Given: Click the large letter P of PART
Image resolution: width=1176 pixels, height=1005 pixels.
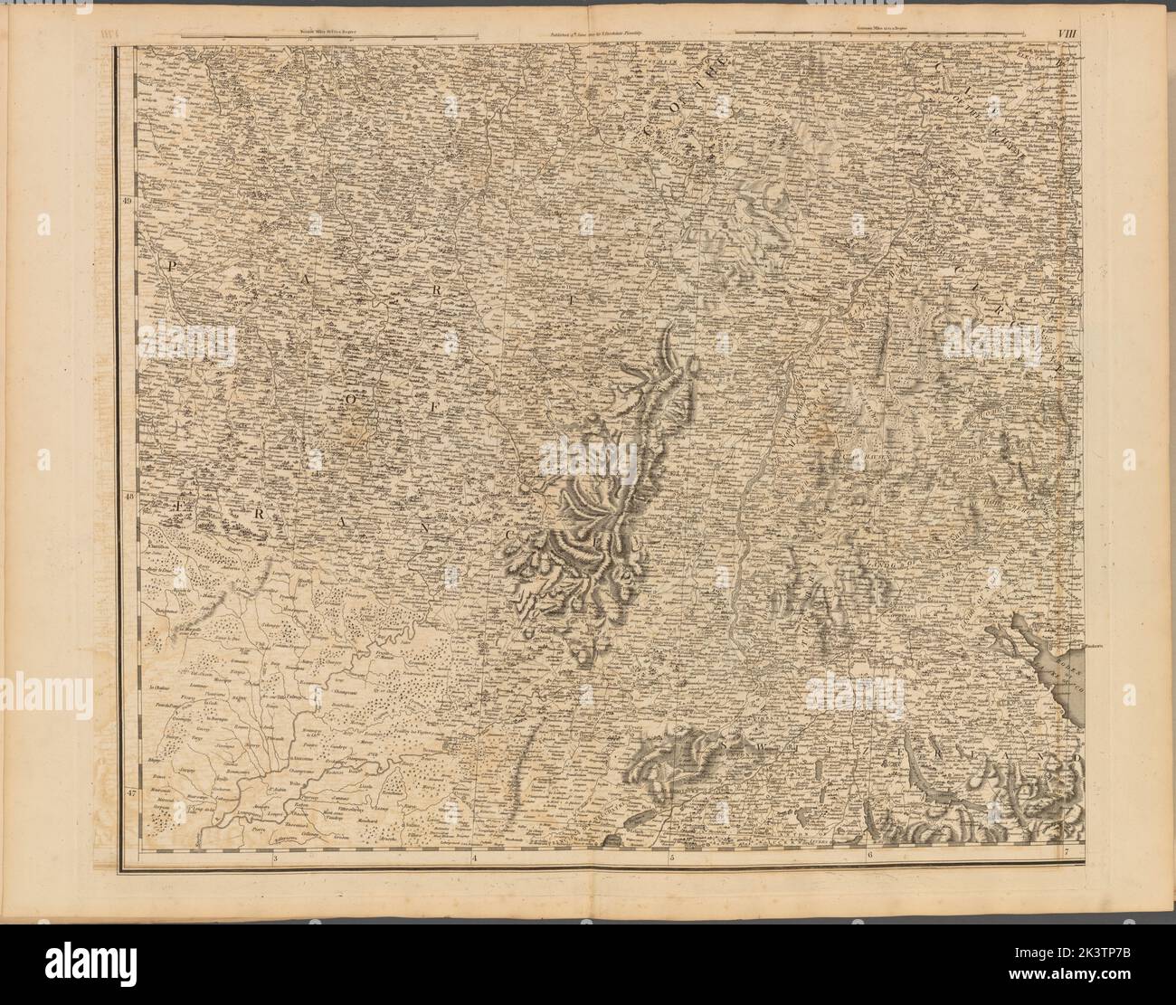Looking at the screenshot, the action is (168, 264).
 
